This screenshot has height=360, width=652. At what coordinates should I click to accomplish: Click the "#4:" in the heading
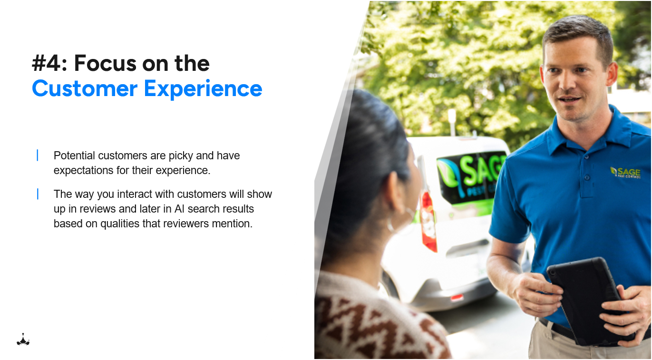pyautogui.click(x=49, y=64)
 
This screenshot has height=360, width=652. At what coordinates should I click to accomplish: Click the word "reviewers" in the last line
pyautogui.click(x=190, y=224)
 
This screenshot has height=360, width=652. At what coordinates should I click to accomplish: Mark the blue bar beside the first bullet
pyautogui.click(x=37, y=156)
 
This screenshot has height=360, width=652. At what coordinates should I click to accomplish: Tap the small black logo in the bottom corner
pyautogui.click(x=23, y=340)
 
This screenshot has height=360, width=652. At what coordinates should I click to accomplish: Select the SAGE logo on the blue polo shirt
pyautogui.click(x=625, y=172)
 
